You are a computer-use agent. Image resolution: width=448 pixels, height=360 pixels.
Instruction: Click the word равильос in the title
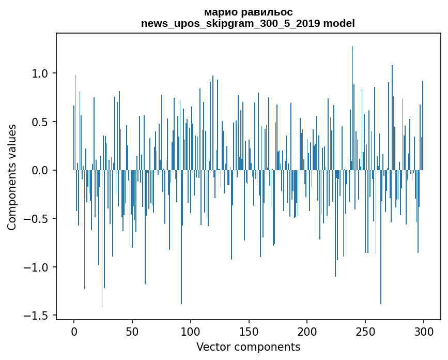264,12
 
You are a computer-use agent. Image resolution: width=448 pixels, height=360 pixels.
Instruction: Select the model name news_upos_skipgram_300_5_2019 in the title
228,23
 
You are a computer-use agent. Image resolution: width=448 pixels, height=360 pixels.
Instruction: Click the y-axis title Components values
12,177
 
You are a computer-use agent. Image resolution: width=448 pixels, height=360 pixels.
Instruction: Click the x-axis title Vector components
248,347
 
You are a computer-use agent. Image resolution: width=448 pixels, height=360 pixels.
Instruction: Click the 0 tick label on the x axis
74,331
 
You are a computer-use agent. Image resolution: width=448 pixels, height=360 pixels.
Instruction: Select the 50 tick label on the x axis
132,331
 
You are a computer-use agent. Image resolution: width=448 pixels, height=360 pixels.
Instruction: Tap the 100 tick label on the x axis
191,331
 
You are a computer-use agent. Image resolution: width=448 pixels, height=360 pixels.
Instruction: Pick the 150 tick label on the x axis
249,331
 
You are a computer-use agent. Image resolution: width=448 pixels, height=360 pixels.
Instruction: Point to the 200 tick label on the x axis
307,331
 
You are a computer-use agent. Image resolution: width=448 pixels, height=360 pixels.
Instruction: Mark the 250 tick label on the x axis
365,331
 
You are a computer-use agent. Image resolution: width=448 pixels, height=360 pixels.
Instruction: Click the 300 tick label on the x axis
424,331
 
